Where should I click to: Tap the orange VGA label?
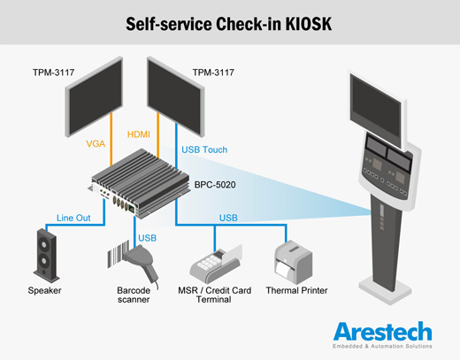(96, 144)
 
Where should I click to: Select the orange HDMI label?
(139, 134)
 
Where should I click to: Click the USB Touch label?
(204, 149)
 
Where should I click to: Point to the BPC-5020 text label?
(215, 185)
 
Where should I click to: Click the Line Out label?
(73, 218)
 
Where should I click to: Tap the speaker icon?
(46, 256)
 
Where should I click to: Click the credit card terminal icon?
(216, 264)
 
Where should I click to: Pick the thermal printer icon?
(293, 262)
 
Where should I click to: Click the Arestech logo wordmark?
(383, 332)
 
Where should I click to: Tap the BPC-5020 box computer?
(139, 184)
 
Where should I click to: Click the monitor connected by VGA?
(94, 96)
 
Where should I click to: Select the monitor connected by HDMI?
(175, 96)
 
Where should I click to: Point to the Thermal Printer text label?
(296, 290)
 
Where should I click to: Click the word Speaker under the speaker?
(44, 290)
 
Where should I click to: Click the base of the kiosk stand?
(385, 289)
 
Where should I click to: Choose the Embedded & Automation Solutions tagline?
(382, 346)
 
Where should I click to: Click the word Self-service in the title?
(169, 24)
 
